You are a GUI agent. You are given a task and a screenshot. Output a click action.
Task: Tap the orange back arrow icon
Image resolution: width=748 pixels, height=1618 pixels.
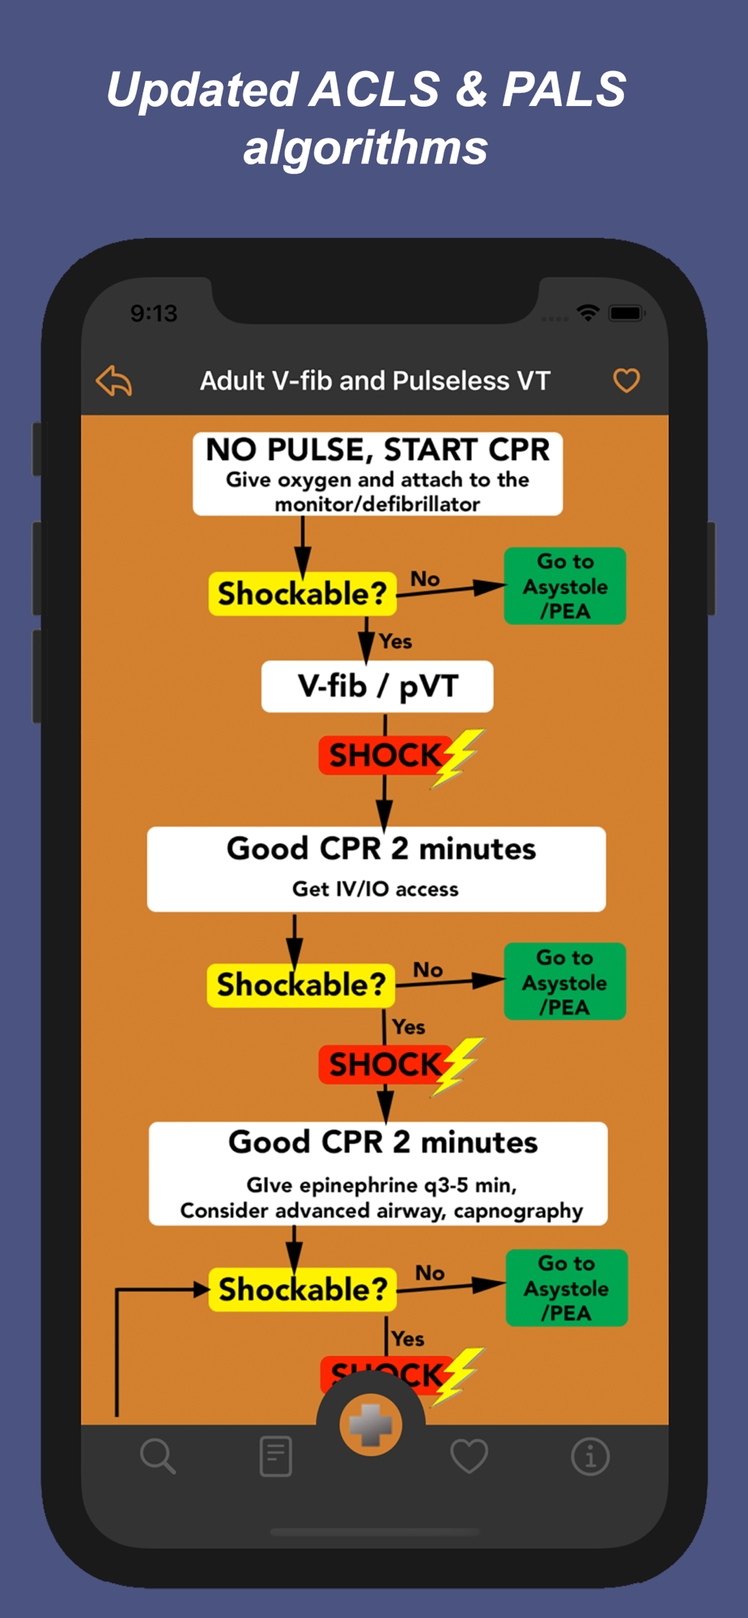(114, 381)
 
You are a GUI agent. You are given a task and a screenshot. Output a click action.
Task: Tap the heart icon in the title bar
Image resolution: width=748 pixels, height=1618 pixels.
(626, 380)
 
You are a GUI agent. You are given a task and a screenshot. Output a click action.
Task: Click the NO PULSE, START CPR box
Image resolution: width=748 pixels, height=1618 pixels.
(377, 473)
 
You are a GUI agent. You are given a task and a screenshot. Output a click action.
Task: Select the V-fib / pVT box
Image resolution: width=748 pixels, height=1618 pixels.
(377, 687)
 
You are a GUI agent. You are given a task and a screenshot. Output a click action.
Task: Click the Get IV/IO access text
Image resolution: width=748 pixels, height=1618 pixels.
(376, 889)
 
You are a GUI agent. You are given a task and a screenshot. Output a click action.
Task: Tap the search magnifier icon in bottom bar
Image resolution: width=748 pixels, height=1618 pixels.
(158, 1456)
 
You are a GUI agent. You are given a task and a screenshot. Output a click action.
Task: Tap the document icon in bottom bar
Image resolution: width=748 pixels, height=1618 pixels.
(275, 1456)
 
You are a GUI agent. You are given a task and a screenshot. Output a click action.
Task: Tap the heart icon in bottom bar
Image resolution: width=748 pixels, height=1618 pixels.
(469, 1456)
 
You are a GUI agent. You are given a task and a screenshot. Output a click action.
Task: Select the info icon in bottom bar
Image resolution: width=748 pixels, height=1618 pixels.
(590, 1457)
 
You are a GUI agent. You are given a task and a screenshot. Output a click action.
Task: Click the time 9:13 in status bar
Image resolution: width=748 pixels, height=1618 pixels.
(154, 313)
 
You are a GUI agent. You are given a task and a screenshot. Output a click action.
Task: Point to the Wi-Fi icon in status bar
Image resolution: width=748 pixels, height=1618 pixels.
(589, 312)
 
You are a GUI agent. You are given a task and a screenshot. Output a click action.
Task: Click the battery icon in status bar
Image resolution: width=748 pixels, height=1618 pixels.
(627, 313)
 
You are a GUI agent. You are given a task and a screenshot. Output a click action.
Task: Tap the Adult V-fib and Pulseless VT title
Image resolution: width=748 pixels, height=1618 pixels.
(375, 381)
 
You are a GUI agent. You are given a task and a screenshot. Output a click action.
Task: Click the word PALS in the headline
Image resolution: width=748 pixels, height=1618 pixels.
(564, 89)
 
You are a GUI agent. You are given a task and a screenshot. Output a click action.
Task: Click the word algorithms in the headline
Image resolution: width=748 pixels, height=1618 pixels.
(366, 148)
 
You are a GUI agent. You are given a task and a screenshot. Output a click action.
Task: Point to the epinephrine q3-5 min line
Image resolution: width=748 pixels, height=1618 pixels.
(381, 1185)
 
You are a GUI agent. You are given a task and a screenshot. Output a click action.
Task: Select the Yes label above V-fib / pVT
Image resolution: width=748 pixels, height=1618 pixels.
(396, 642)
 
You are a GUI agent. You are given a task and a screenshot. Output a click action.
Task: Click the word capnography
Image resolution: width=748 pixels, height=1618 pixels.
(518, 1211)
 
